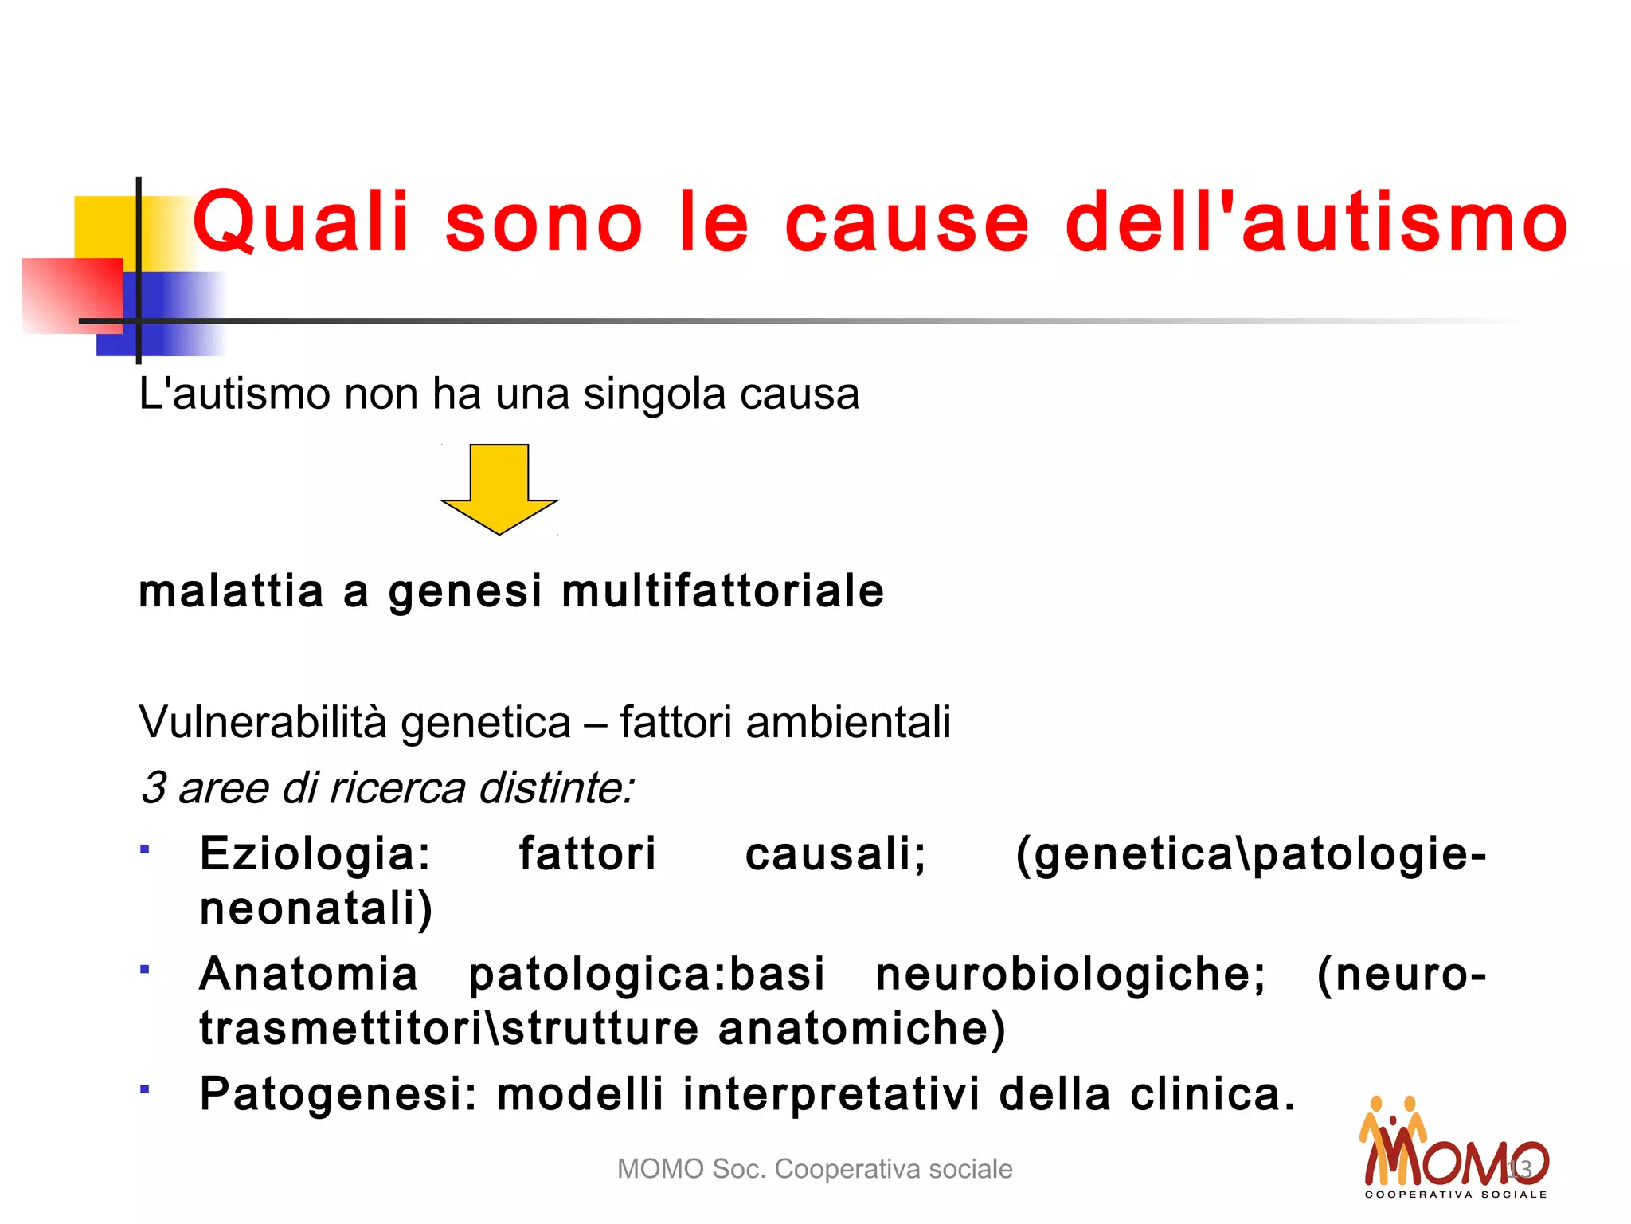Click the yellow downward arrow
point(499,486)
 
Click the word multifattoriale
point(722,591)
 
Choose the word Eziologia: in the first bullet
point(315,854)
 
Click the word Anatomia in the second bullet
point(308,974)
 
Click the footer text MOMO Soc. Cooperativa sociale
point(815,1169)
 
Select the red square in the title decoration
point(72,295)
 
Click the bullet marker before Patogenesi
point(144,1089)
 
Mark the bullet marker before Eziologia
point(144,849)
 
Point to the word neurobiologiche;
point(1070,974)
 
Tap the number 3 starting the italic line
point(153,788)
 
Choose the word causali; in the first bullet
point(835,854)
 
